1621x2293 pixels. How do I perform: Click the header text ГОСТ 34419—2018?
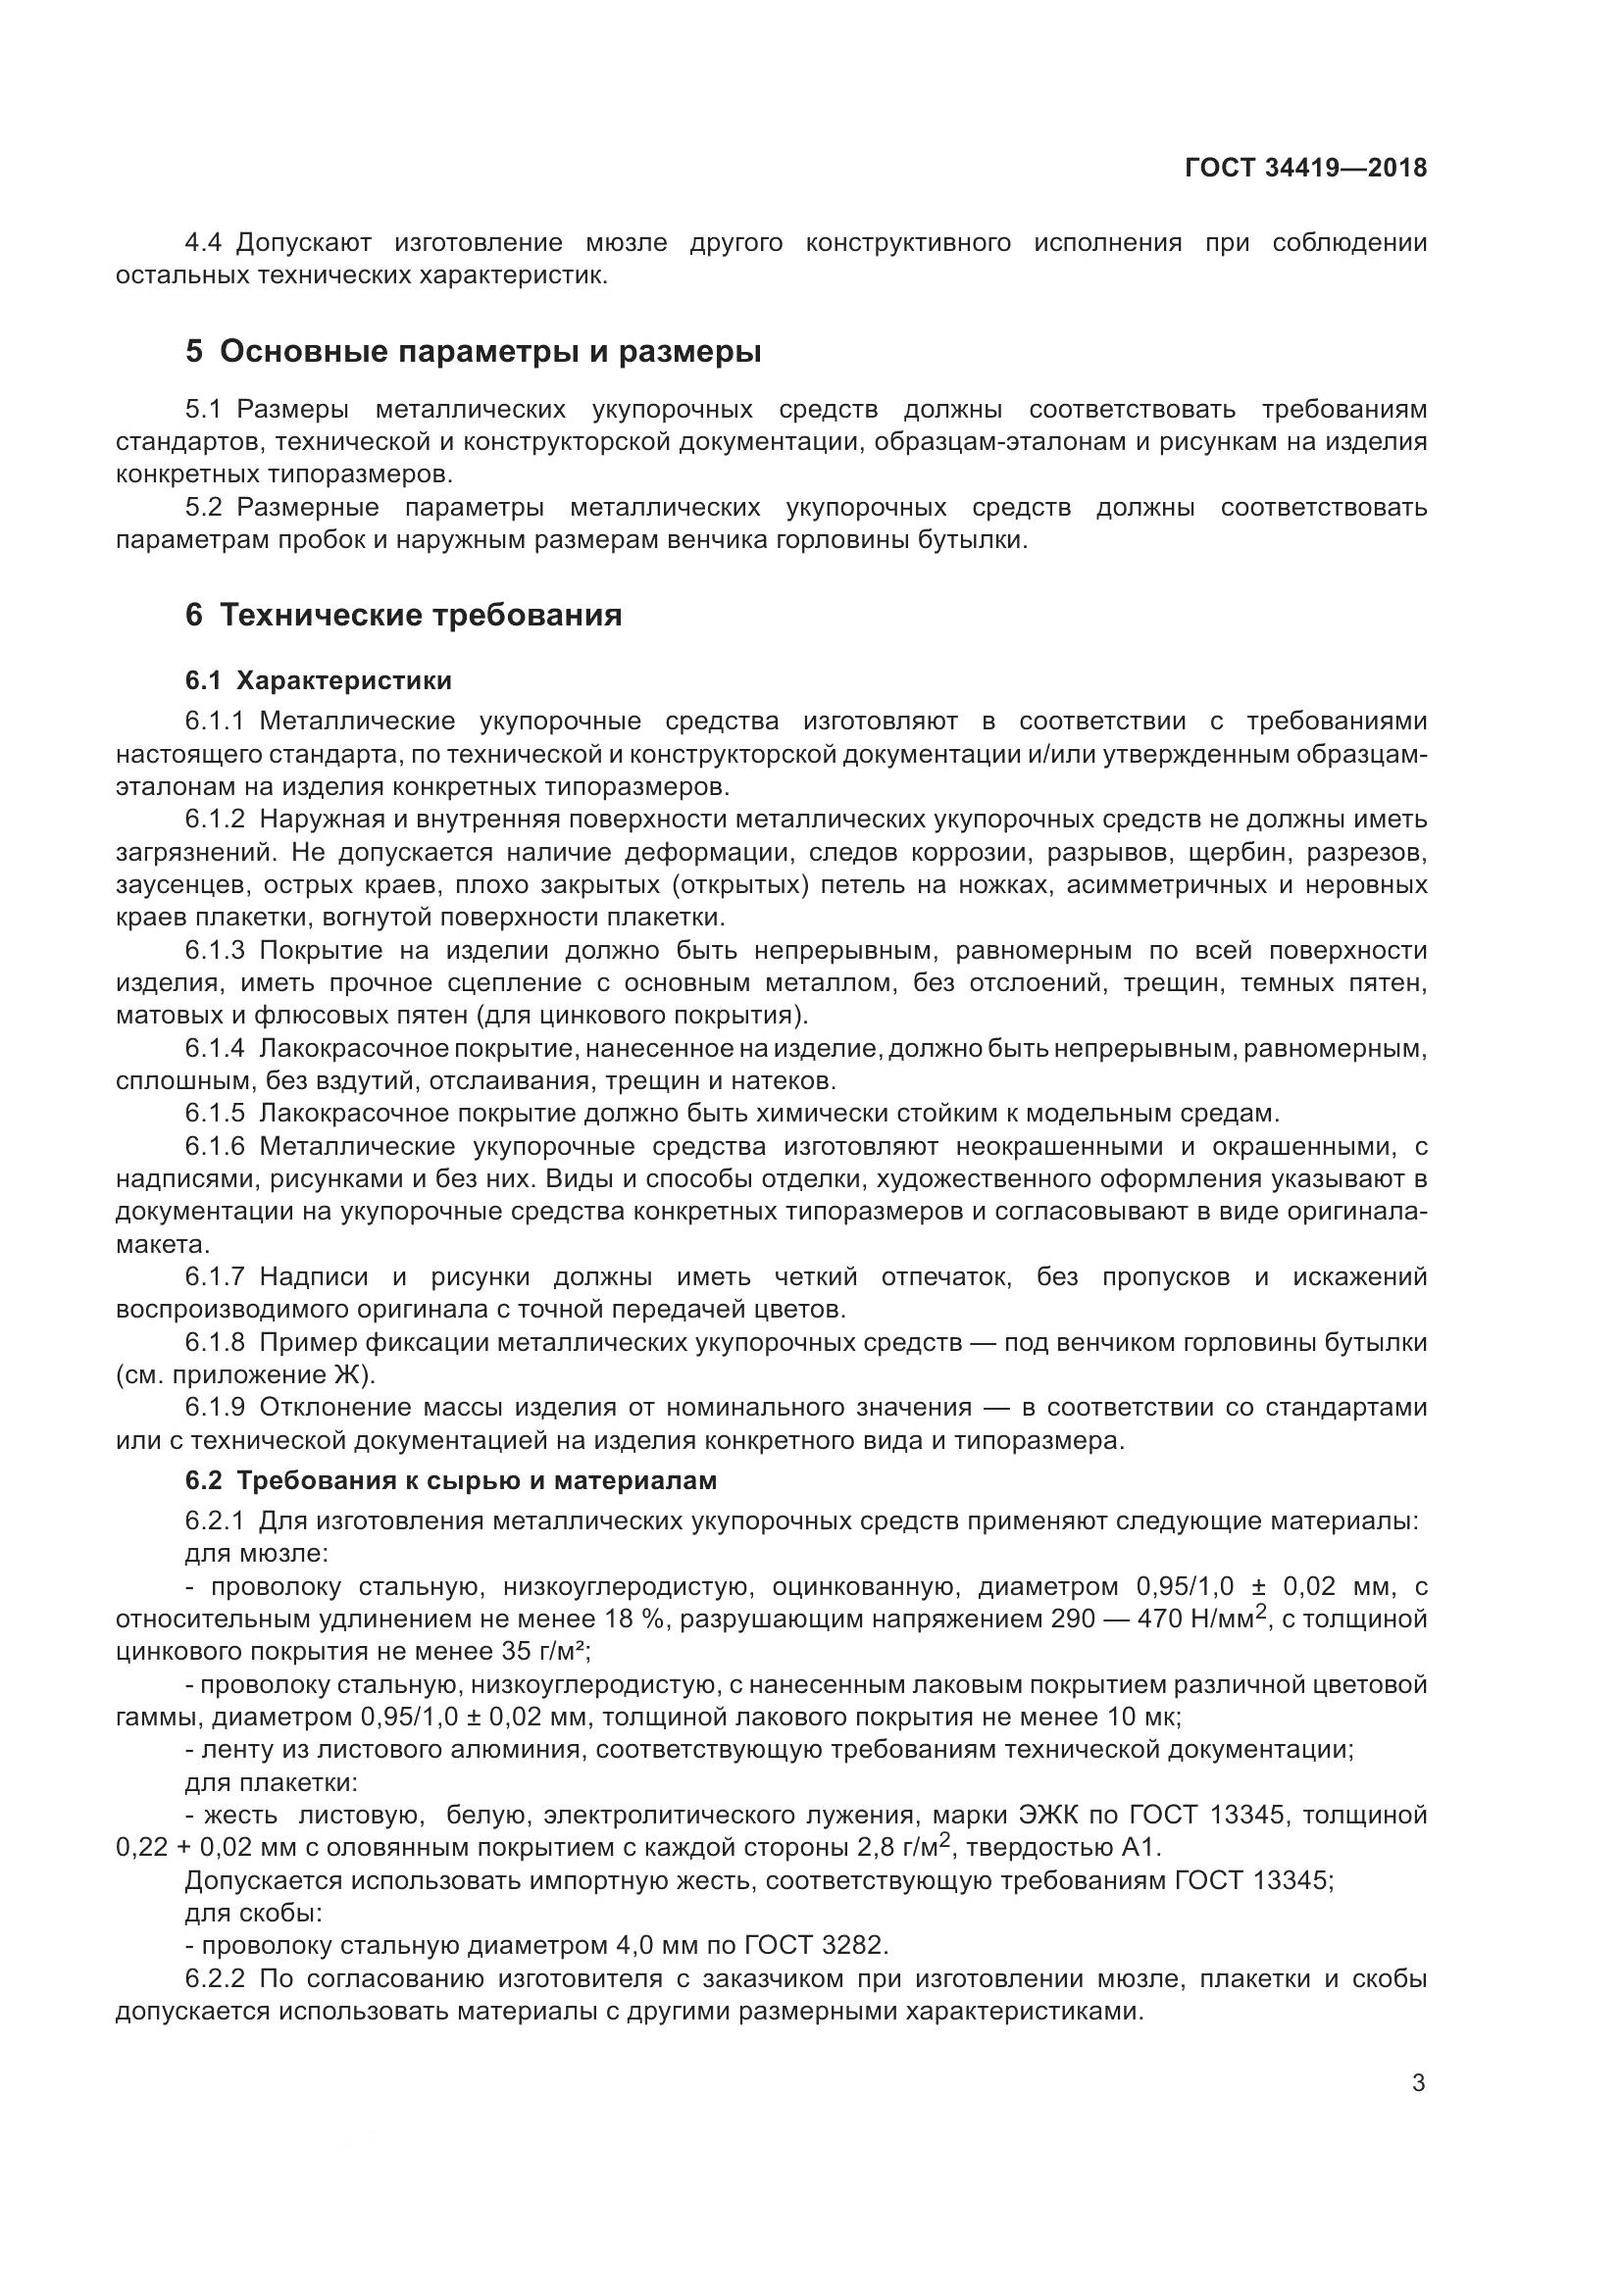tap(1305, 168)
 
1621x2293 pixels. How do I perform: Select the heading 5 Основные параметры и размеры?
tap(474, 353)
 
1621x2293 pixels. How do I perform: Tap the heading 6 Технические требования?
tap(403, 616)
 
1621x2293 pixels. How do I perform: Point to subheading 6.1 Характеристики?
tap(318, 681)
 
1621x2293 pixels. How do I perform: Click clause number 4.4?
tap(207, 243)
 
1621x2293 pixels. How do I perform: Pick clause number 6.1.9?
tap(215, 1407)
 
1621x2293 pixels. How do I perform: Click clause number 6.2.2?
tap(215, 1979)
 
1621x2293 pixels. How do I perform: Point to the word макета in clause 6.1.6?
tap(163, 1245)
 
